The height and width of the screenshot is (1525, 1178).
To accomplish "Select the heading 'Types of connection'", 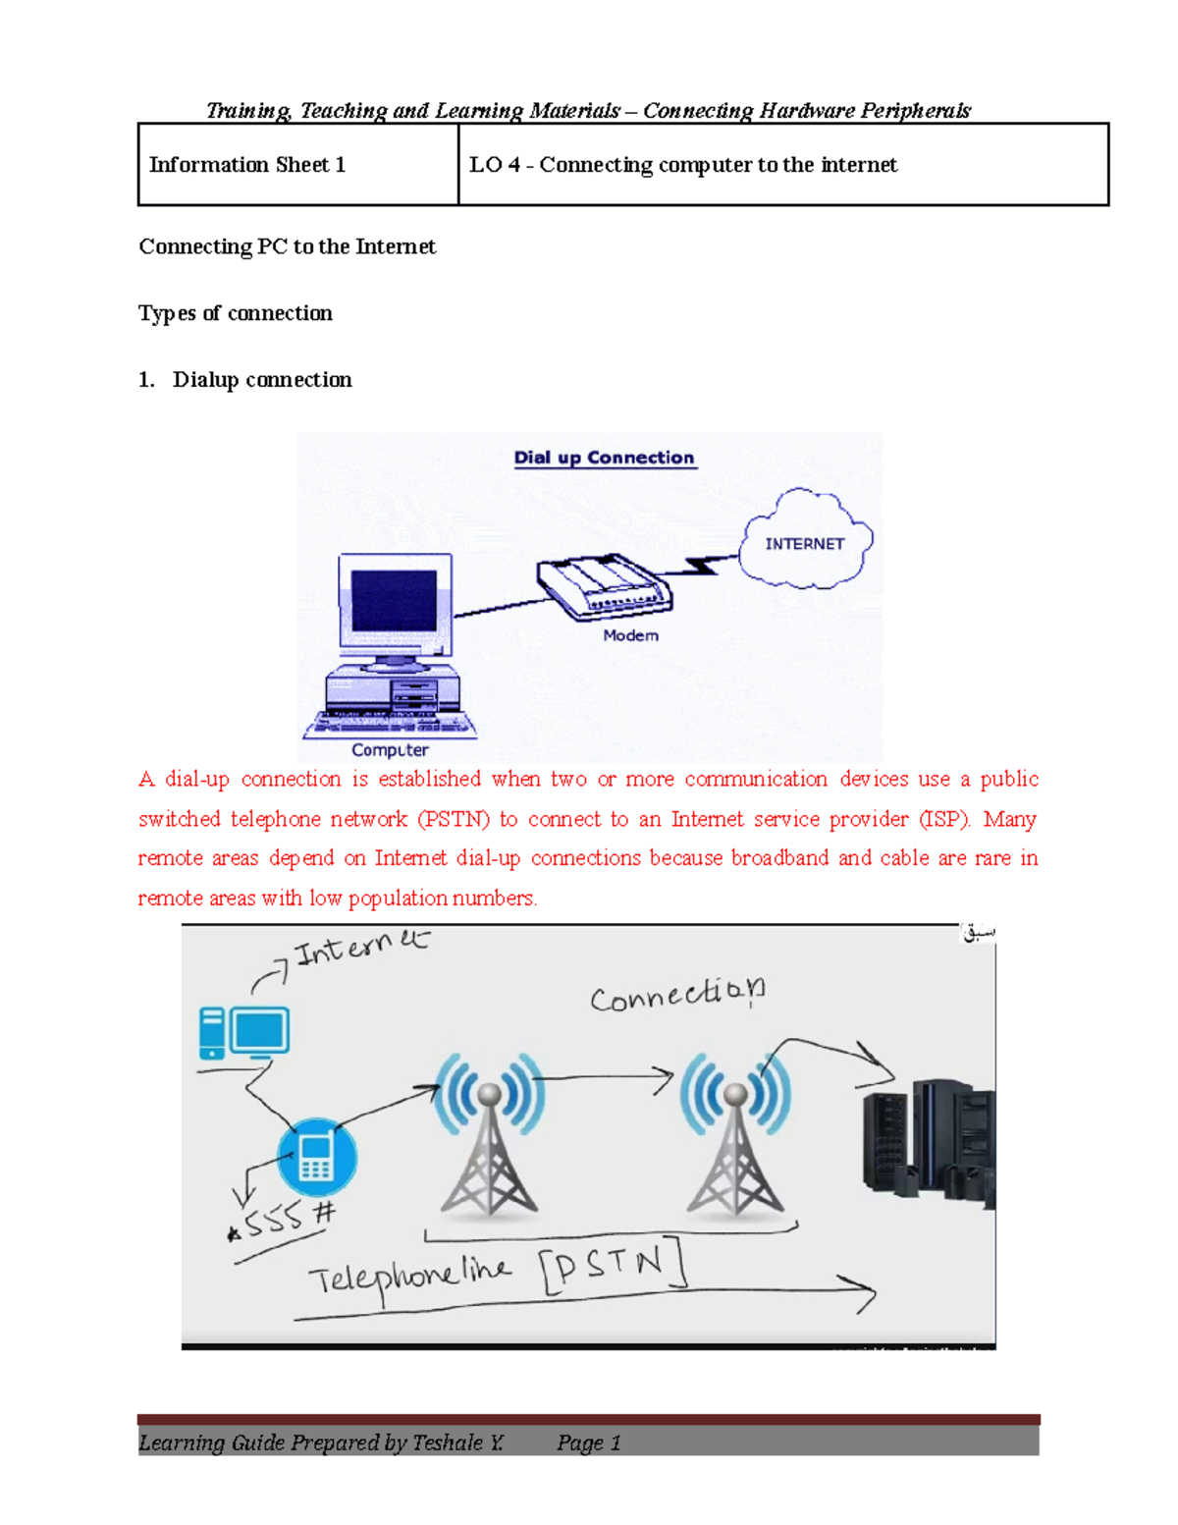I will click(x=236, y=313).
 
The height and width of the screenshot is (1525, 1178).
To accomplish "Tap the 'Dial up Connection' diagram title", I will click(x=605, y=458).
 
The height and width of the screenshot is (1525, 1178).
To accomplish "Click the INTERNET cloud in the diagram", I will click(x=805, y=542).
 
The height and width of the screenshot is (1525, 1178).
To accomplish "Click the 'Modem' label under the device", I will click(x=630, y=635).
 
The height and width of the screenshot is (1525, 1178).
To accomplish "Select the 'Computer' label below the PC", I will click(x=390, y=750).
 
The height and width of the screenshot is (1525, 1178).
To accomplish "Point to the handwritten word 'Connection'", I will click(x=677, y=995).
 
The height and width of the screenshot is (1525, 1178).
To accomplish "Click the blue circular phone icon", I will click(x=316, y=1157).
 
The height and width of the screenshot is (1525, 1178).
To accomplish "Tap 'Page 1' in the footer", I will click(x=589, y=1443).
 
